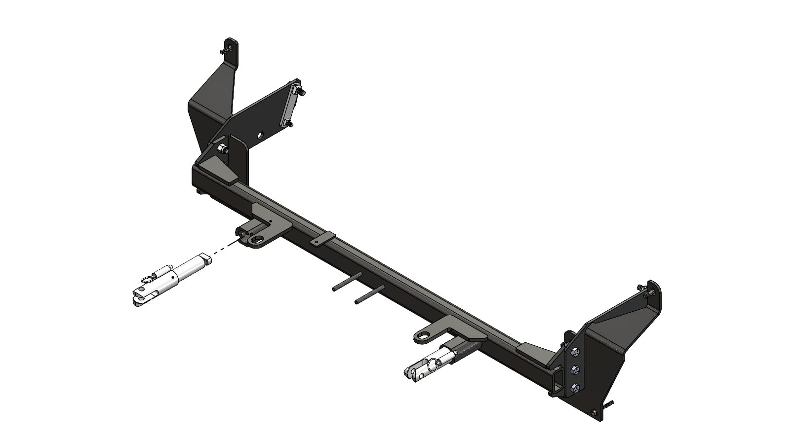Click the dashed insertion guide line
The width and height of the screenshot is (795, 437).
coord(225,248)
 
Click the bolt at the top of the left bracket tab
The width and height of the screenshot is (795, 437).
coord(227,50)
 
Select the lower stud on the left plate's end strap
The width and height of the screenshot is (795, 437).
coord(287,122)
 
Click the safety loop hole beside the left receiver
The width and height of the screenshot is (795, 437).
coord(257,239)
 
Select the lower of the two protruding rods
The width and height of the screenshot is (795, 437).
coord(369,295)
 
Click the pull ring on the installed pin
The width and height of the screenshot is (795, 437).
coord(433,364)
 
